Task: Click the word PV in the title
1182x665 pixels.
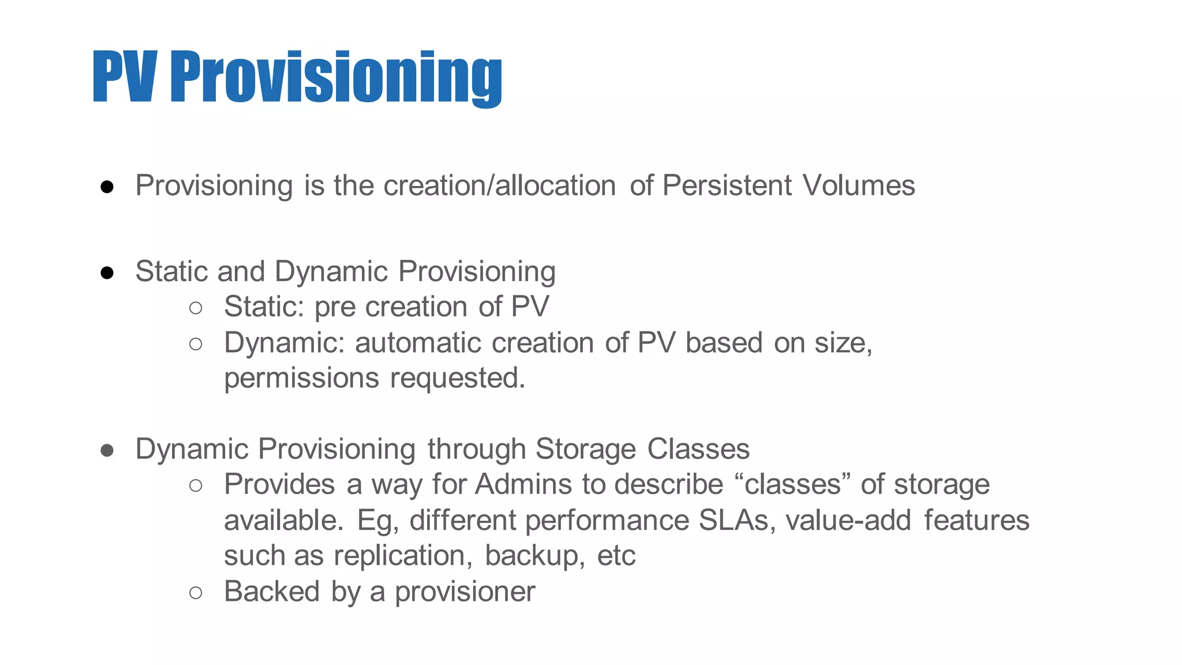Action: click(x=124, y=77)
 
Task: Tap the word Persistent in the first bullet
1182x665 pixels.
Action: click(x=727, y=186)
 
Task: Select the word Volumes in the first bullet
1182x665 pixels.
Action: click(x=858, y=186)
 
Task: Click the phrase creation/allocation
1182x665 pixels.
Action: click(x=499, y=186)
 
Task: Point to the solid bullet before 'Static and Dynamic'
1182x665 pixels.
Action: click(x=107, y=272)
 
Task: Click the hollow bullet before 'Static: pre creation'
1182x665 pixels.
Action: click(x=196, y=308)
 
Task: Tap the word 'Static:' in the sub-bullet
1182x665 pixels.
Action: click(x=264, y=307)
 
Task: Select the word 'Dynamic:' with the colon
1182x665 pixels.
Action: click(x=284, y=343)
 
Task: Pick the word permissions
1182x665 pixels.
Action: click(x=301, y=379)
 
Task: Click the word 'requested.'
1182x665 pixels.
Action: click(x=458, y=379)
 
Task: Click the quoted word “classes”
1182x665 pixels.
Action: click(x=794, y=484)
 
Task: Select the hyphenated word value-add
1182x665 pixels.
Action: click(x=848, y=520)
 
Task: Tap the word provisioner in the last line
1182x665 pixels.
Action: click(x=465, y=592)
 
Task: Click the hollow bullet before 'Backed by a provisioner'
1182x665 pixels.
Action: click(x=196, y=593)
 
